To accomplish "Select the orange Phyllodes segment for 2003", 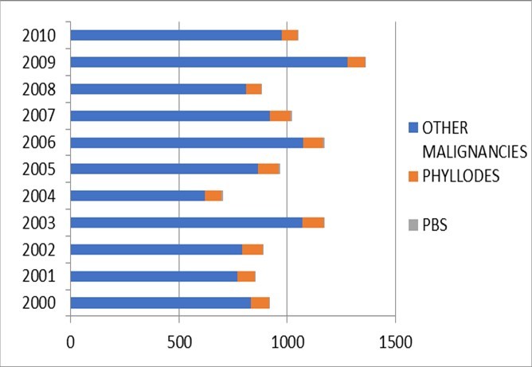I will pyautogui.click(x=313, y=222).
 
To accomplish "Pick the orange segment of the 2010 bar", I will pyautogui.click(x=290, y=35).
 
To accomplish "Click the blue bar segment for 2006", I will pyautogui.click(x=186, y=143).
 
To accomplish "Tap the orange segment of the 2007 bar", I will pyautogui.click(x=281, y=115).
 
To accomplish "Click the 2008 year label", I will pyautogui.click(x=40, y=89).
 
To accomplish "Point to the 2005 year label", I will pyautogui.click(x=40, y=169).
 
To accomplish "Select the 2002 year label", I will pyautogui.click(x=40, y=249).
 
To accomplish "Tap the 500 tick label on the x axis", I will pyautogui.click(x=178, y=342).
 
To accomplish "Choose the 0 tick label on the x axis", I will pyautogui.click(x=70, y=342).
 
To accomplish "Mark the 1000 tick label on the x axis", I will pyautogui.click(x=287, y=342).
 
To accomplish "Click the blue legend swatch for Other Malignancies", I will pyautogui.click(x=413, y=127).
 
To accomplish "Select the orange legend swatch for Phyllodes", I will pyautogui.click(x=413, y=177).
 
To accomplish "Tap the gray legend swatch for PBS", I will pyautogui.click(x=413, y=226).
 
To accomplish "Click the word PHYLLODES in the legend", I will pyautogui.click(x=461, y=177).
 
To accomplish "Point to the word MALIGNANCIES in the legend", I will pyautogui.click(x=475, y=151).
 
